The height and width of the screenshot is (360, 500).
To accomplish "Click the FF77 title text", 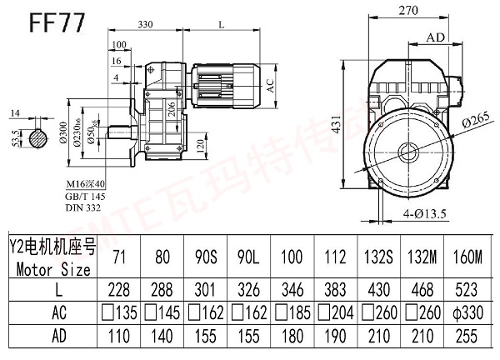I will coord(56,21).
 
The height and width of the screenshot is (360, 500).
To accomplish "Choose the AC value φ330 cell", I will coord(467,314).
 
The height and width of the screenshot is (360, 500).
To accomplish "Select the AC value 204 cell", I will coord(338,314).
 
